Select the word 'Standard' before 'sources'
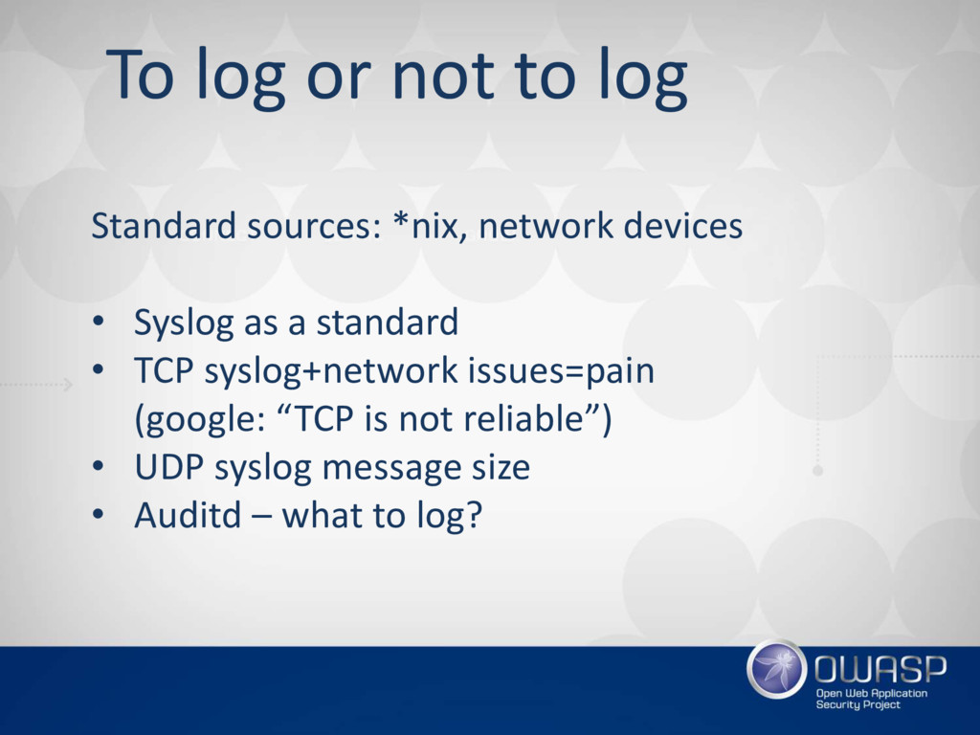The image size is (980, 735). point(163,225)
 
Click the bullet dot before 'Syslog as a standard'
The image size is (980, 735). point(99,322)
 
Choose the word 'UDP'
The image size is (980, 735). point(169,467)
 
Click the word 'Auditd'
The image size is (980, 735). point(189,515)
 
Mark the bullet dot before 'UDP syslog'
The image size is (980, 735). point(99,466)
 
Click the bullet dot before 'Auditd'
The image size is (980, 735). point(99,514)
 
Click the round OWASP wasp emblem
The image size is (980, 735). point(777,669)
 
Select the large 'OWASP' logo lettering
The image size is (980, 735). point(880,669)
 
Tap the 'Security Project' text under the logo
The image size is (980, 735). point(858,705)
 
